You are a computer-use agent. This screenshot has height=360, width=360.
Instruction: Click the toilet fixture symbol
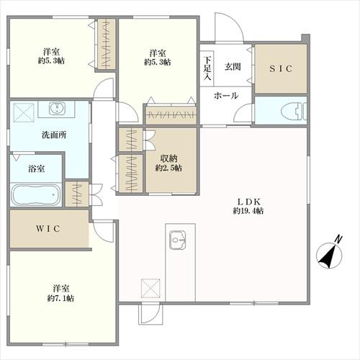[x=294, y=111]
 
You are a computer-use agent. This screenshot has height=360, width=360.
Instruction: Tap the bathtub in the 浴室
[x=36, y=194]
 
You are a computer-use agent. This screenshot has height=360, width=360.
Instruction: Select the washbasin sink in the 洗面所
[x=57, y=108]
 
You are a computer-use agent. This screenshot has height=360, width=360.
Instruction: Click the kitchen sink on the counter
[x=177, y=240]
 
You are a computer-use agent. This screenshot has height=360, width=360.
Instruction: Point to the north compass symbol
[x=330, y=254]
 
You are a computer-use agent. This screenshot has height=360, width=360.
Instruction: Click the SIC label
[x=281, y=69]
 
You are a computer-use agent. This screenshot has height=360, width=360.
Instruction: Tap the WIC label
[x=48, y=229]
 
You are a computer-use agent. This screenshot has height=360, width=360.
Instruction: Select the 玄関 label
[x=233, y=66]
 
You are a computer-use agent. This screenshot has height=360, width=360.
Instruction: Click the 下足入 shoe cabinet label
[x=207, y=68]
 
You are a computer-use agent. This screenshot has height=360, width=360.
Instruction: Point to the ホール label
[x=226, y=96]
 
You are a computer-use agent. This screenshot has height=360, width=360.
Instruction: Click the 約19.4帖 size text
[x=248, y=211]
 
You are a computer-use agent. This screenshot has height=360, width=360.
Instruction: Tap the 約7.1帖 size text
[x=60, y=298]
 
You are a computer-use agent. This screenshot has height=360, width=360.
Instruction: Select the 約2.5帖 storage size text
[x=168, y=168]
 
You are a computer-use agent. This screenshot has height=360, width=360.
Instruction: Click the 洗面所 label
[x=54, y=135]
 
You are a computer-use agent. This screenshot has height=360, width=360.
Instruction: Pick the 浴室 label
[x=36, y=168]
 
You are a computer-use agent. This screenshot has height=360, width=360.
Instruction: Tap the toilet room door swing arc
[x=240, y=109]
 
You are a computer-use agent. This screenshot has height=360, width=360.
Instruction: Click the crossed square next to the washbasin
[x=24, y=112]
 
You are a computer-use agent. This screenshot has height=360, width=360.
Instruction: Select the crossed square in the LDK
[x=150, y=288]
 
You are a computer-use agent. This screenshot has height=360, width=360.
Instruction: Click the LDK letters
[x=248, y=202]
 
